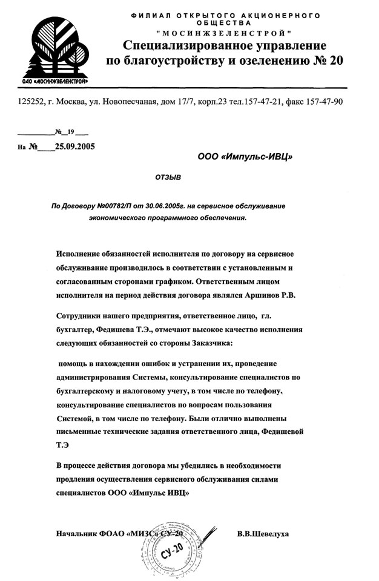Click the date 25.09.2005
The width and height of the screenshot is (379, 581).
[x=75, y=146]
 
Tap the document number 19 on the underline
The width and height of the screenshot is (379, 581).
[x=70, y=131]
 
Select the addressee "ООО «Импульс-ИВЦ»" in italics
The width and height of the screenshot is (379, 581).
[x=245, y=157]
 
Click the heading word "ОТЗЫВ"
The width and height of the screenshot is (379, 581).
[x=168, y=178]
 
